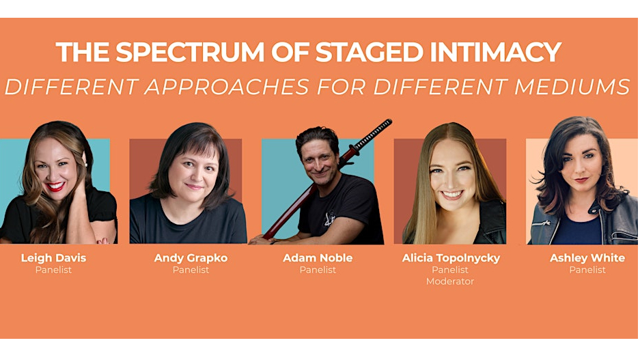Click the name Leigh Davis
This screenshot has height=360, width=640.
pos(53,258)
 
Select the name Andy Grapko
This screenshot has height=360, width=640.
pos(191,258)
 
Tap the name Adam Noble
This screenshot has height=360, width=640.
pos(318,258)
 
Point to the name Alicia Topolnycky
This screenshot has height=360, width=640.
pos(451,258)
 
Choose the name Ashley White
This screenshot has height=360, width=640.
pos(587,258)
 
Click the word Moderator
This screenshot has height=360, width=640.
pos(450,281)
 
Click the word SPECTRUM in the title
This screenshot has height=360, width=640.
pos(190,52)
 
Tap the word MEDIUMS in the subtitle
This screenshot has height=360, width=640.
pos(572,87)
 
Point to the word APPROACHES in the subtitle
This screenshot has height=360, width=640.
pos(227,87)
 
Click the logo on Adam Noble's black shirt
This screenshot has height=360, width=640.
pos(329,219)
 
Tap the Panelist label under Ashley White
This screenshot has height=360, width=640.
pos(587,270)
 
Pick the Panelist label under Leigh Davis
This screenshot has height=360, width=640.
pos(53,270)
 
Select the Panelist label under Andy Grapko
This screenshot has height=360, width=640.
pos(191,270)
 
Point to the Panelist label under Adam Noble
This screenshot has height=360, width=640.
pos(318,270)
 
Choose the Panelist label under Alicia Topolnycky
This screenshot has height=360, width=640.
pos(450,270)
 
